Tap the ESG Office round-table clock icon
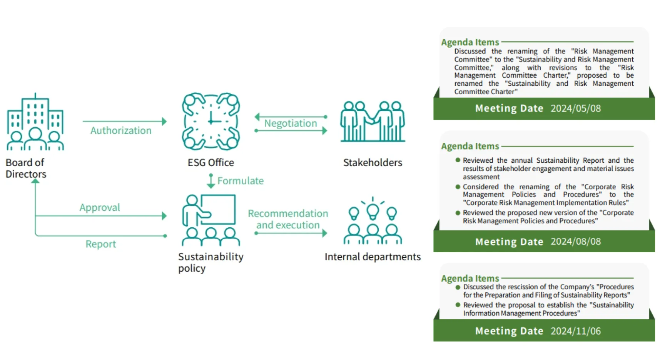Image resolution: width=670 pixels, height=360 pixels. pyautogui.click(x=211, y=121)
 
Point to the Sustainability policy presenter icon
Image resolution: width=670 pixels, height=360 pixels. pyautogui.click(x=211, y=220)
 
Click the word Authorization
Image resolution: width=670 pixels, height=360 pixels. pyautogui.click(x=121, y=131)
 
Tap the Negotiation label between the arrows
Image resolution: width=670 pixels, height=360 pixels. pyautogui.click(x=291, y=123)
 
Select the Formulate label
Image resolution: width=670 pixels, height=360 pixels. pyautogui.click(x=241, y=181)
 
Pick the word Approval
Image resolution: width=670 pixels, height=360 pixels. pyautogui.click(x=100, y=208)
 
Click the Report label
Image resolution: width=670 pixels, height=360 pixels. pyautogui.click(x=100, y=244)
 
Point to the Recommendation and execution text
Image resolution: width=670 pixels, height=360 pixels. pyautogui.click(x=288, y=219)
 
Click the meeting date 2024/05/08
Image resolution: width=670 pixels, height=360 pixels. pyautogui.click(x=575, y=108)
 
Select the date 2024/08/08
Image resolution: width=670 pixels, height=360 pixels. pyautogui.click(x=575, y=242)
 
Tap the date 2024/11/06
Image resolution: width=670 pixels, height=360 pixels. pyautogui.click(x=575, y=331)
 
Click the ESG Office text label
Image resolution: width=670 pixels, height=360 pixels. pyautogui.click(x=211, y=163)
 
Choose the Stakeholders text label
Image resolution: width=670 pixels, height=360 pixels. pyautogui.click(x=373, y=163)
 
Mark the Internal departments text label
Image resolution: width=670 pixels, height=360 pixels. pyautogui.click(x=373, y=257)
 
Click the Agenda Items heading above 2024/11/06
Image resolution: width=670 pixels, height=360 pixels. pyautogui.click(x=470, y=278)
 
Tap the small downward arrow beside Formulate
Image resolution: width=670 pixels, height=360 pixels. pyautogui.click(x=211, y=181)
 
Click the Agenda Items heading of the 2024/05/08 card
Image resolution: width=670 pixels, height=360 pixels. pyautogui.click(x=470, y=42)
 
